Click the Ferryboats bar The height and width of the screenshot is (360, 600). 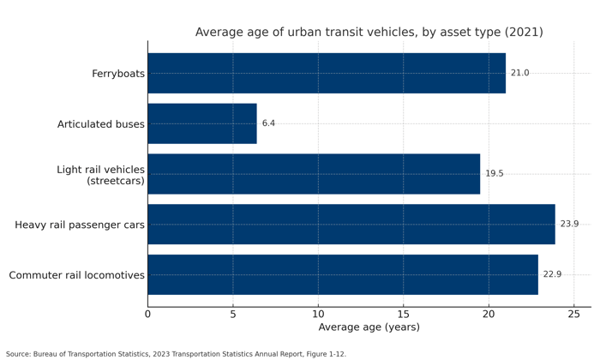[327, 74]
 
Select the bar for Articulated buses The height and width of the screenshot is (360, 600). [202, 123]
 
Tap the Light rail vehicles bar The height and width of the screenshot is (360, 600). [314, 174]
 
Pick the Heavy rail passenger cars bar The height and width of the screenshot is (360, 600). [351, 225]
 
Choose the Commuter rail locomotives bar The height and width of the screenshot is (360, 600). [343, 275]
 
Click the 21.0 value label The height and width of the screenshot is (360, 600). [520, 74]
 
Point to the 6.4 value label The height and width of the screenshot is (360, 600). [268, 123]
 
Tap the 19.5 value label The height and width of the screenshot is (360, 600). [495, 174]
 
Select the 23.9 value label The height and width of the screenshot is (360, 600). [569, 225]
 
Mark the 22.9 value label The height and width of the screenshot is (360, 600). [552, 275]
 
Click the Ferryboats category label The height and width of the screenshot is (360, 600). [118, 75]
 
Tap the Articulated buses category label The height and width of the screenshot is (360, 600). [101, 124]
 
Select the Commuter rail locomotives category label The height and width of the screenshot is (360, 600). [77, 276]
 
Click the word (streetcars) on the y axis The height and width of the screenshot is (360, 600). [116, 181]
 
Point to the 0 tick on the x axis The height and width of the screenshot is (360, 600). [147, 315]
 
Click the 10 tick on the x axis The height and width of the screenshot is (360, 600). [318, 315]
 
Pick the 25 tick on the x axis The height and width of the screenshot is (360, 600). [573, 315]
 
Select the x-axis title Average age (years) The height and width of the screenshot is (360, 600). [369, 327]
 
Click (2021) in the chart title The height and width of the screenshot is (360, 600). [524, 33]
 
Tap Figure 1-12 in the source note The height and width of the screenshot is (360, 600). [321, 354]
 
